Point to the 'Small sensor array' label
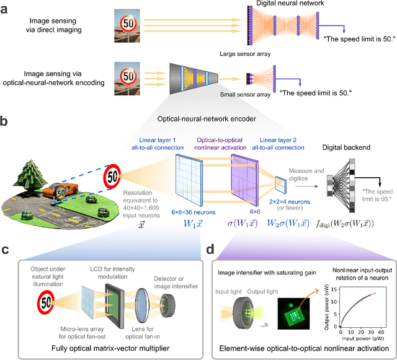click(246, 94)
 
